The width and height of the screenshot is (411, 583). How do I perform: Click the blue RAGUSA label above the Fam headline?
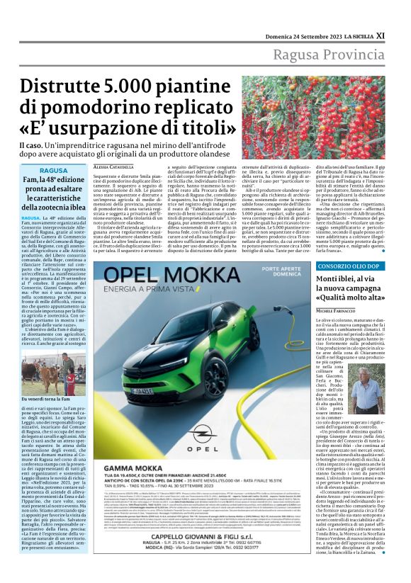tap(54, 171)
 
